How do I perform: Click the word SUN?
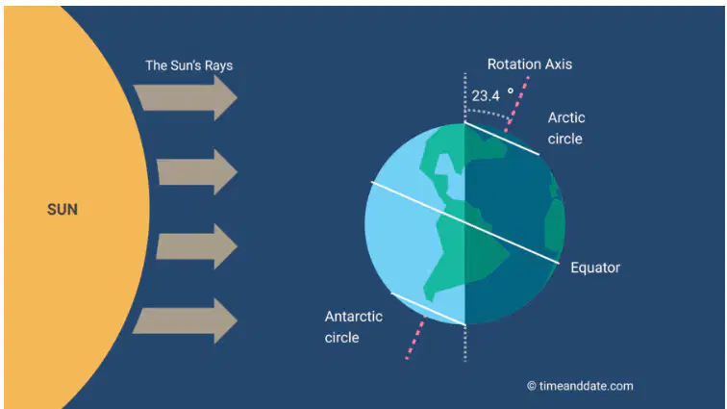63,210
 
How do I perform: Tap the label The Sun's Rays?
188,65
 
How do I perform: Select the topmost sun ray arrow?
186,98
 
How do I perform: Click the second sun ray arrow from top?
197,172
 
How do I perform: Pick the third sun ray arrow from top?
196,246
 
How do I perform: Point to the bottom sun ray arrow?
185,320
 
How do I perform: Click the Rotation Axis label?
530,64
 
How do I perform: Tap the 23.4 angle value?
486,96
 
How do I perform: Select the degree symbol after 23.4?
511,91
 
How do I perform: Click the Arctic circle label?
566,128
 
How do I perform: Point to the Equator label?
595,268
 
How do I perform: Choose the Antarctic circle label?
353,327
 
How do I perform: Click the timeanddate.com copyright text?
580,386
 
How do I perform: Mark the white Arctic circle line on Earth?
502,139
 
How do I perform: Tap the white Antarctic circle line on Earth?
428,309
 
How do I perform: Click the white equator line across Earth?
465,223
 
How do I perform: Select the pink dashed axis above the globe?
517,104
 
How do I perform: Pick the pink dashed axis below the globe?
415,338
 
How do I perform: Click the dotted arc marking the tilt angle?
489,114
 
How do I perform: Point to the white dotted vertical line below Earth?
465,343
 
